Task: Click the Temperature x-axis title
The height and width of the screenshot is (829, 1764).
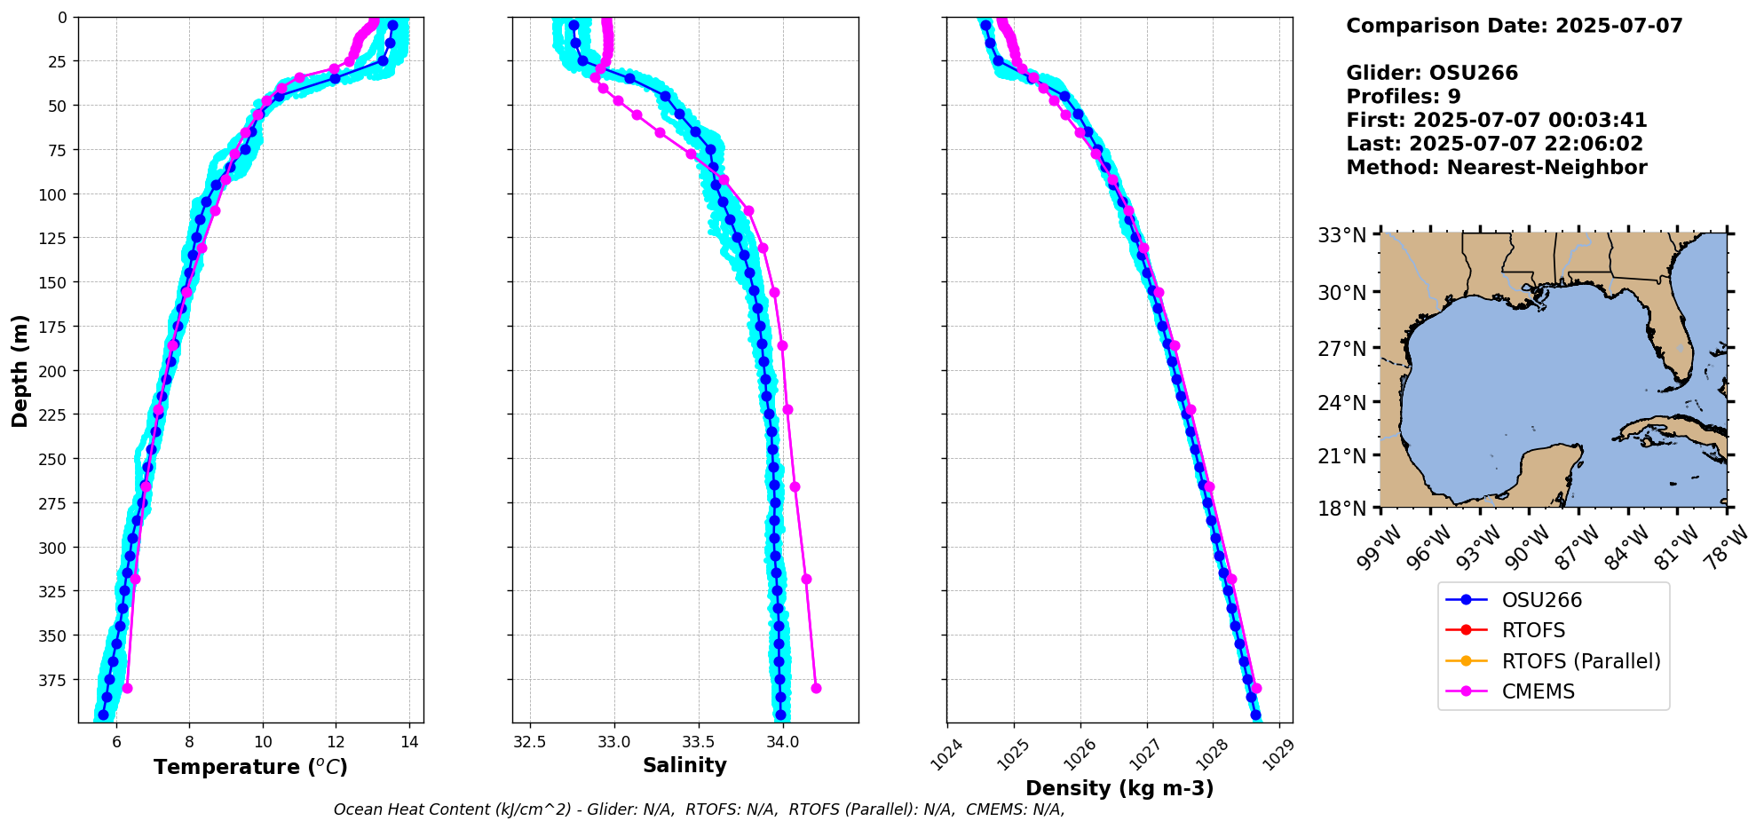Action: click(250, 767)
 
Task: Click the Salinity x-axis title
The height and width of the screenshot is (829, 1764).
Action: click(684, 765)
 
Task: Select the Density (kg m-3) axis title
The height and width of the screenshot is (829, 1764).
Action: click(1119, 788)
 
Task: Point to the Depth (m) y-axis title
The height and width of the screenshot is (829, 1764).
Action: click(20, 370)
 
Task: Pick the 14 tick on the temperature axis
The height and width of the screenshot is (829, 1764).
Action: click(409, 742)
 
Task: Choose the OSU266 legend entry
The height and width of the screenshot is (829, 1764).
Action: click(1541, 600)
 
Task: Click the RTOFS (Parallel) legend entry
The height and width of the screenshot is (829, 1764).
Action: click(1580, 661)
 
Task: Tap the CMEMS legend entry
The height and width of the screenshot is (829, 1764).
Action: click(1538, 691)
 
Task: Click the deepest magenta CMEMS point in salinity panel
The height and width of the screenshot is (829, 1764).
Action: click(816, 688)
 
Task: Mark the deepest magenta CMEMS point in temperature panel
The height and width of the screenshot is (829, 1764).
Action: click(127, 688)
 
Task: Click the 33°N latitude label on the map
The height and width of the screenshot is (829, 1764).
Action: click(1341, 235)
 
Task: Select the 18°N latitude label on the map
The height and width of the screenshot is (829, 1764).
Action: click(1341, 508)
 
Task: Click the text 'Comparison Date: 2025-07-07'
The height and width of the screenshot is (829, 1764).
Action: click(1514, 26)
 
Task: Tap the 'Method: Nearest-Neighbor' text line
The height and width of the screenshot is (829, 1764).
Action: click(1496, 168)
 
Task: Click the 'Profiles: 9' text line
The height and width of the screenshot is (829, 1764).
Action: click(1403, 97)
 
